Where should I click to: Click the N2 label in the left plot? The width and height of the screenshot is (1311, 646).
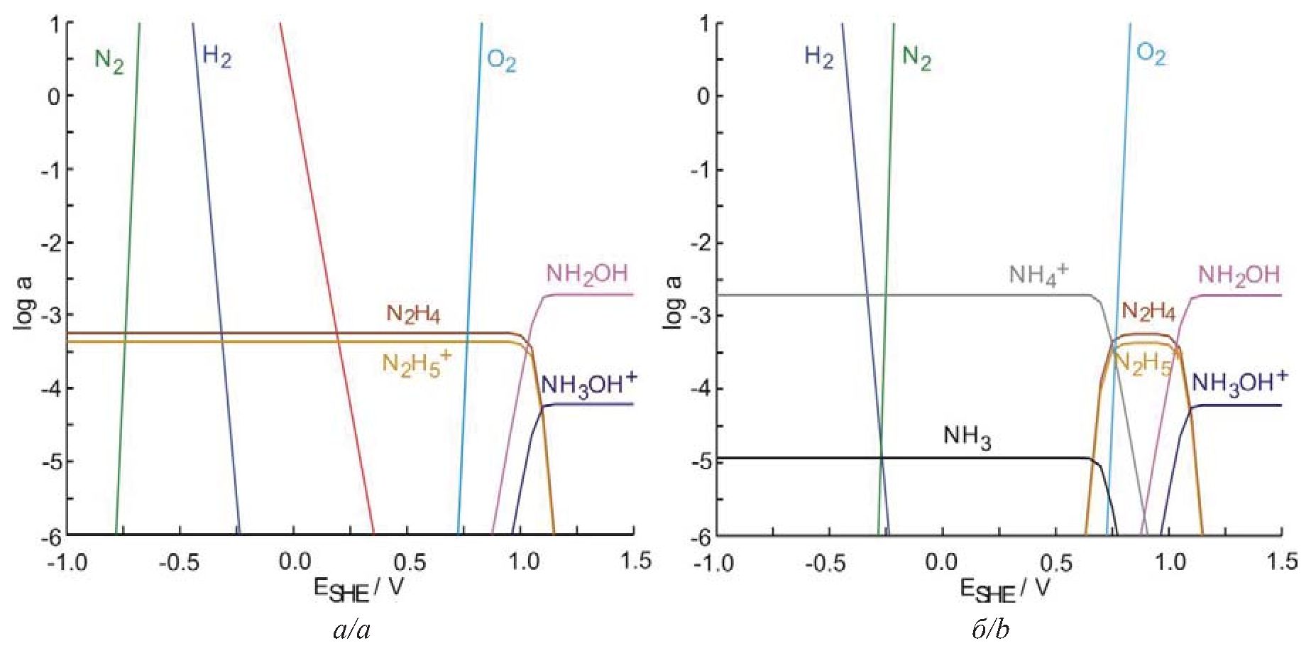pos(109,61)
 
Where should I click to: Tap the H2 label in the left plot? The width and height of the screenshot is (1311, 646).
pos(216,57)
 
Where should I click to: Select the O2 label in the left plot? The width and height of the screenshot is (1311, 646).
pos(501,61)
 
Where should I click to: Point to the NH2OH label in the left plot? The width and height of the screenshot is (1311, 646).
pos(587,274)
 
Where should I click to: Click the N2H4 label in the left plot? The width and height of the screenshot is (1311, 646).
pos(413,314)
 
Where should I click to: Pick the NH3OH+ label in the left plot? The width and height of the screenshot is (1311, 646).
pos(588,384)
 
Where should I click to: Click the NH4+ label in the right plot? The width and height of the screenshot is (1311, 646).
pos(1038,274)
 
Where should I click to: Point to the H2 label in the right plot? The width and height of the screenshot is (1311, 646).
pos(818,57)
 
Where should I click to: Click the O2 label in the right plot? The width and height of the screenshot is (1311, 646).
pos(1151,54)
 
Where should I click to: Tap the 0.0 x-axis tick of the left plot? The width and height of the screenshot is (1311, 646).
pos(295,562)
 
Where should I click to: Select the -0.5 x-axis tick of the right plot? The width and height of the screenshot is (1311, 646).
pos(826,562)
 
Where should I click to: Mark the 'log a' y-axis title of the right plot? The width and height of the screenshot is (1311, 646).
pos(674,302)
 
